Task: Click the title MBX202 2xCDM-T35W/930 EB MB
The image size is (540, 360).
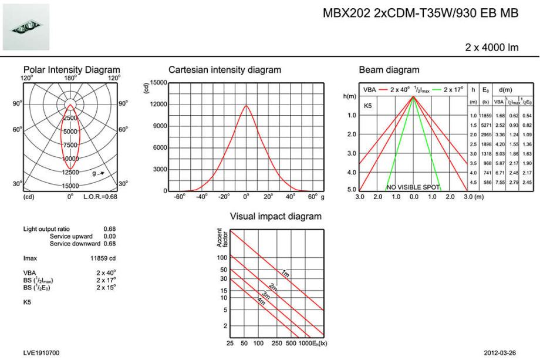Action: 420,14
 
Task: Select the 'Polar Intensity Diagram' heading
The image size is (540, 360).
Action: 71,70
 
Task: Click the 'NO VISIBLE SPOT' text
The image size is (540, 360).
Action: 414,187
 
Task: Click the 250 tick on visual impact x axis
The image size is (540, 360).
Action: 276,342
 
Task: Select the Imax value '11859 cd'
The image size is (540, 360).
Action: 103,258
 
